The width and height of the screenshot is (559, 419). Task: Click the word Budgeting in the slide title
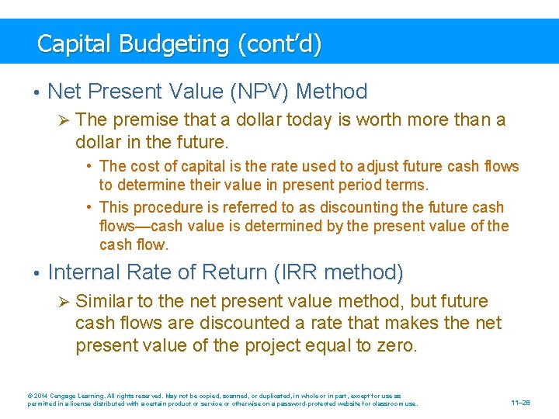coord(173,43)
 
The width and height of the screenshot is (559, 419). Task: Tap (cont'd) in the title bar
coord(279,43)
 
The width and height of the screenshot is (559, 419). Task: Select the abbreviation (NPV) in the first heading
coord(255,92)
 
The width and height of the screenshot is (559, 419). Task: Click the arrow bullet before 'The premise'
coord(64,120)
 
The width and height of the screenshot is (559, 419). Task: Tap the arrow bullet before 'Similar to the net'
coord(64,301)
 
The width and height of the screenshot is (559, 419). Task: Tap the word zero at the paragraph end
coord(396,345)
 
